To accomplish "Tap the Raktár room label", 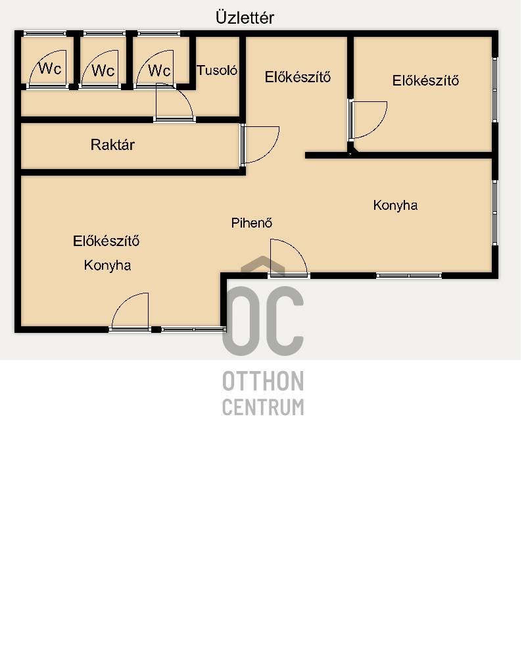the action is pos(113,145).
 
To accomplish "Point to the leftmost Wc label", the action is pos(50,68).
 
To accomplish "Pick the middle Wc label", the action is pos(103,70).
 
